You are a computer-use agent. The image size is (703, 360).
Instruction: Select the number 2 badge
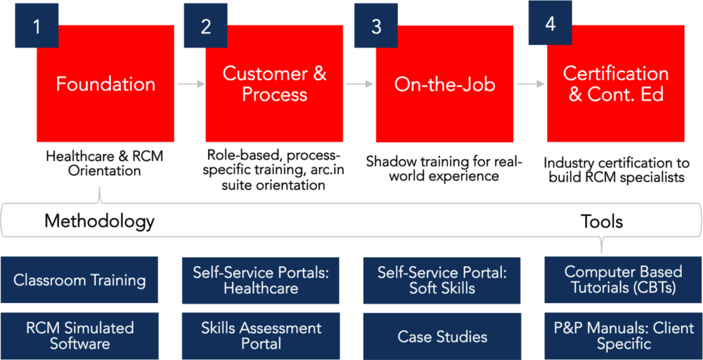pos(205,26)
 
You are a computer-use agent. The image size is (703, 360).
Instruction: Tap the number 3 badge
pos(376,26)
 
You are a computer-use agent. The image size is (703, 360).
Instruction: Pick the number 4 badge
pos(550,23)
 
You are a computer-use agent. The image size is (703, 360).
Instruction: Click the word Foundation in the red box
pos(105,84)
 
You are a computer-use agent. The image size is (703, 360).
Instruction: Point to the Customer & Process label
pos(274,84)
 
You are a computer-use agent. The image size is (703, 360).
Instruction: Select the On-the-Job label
pos(444,85)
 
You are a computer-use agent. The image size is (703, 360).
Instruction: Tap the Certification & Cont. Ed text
pos(616,84)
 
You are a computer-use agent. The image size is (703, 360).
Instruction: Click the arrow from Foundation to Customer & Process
pos(190,84)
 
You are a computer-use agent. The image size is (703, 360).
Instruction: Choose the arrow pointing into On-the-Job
pos(360,84)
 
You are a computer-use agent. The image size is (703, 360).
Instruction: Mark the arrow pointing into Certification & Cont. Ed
pos(531,84)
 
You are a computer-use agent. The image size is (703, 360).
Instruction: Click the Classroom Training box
pos(79,280)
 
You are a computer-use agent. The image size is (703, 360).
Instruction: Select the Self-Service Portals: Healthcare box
pos(261,280)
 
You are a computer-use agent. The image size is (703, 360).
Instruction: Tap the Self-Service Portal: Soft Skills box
pos(441,280)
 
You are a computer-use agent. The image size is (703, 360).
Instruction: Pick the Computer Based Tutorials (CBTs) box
pos(623,280)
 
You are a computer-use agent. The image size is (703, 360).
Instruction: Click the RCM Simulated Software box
pos(79,335)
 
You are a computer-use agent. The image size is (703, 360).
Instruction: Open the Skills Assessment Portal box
pos(261,335)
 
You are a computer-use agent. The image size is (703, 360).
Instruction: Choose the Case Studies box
pos(441,336)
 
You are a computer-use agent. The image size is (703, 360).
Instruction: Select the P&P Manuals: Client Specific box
pos(623,335)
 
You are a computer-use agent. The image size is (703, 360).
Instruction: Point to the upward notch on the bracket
pos(101,193)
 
